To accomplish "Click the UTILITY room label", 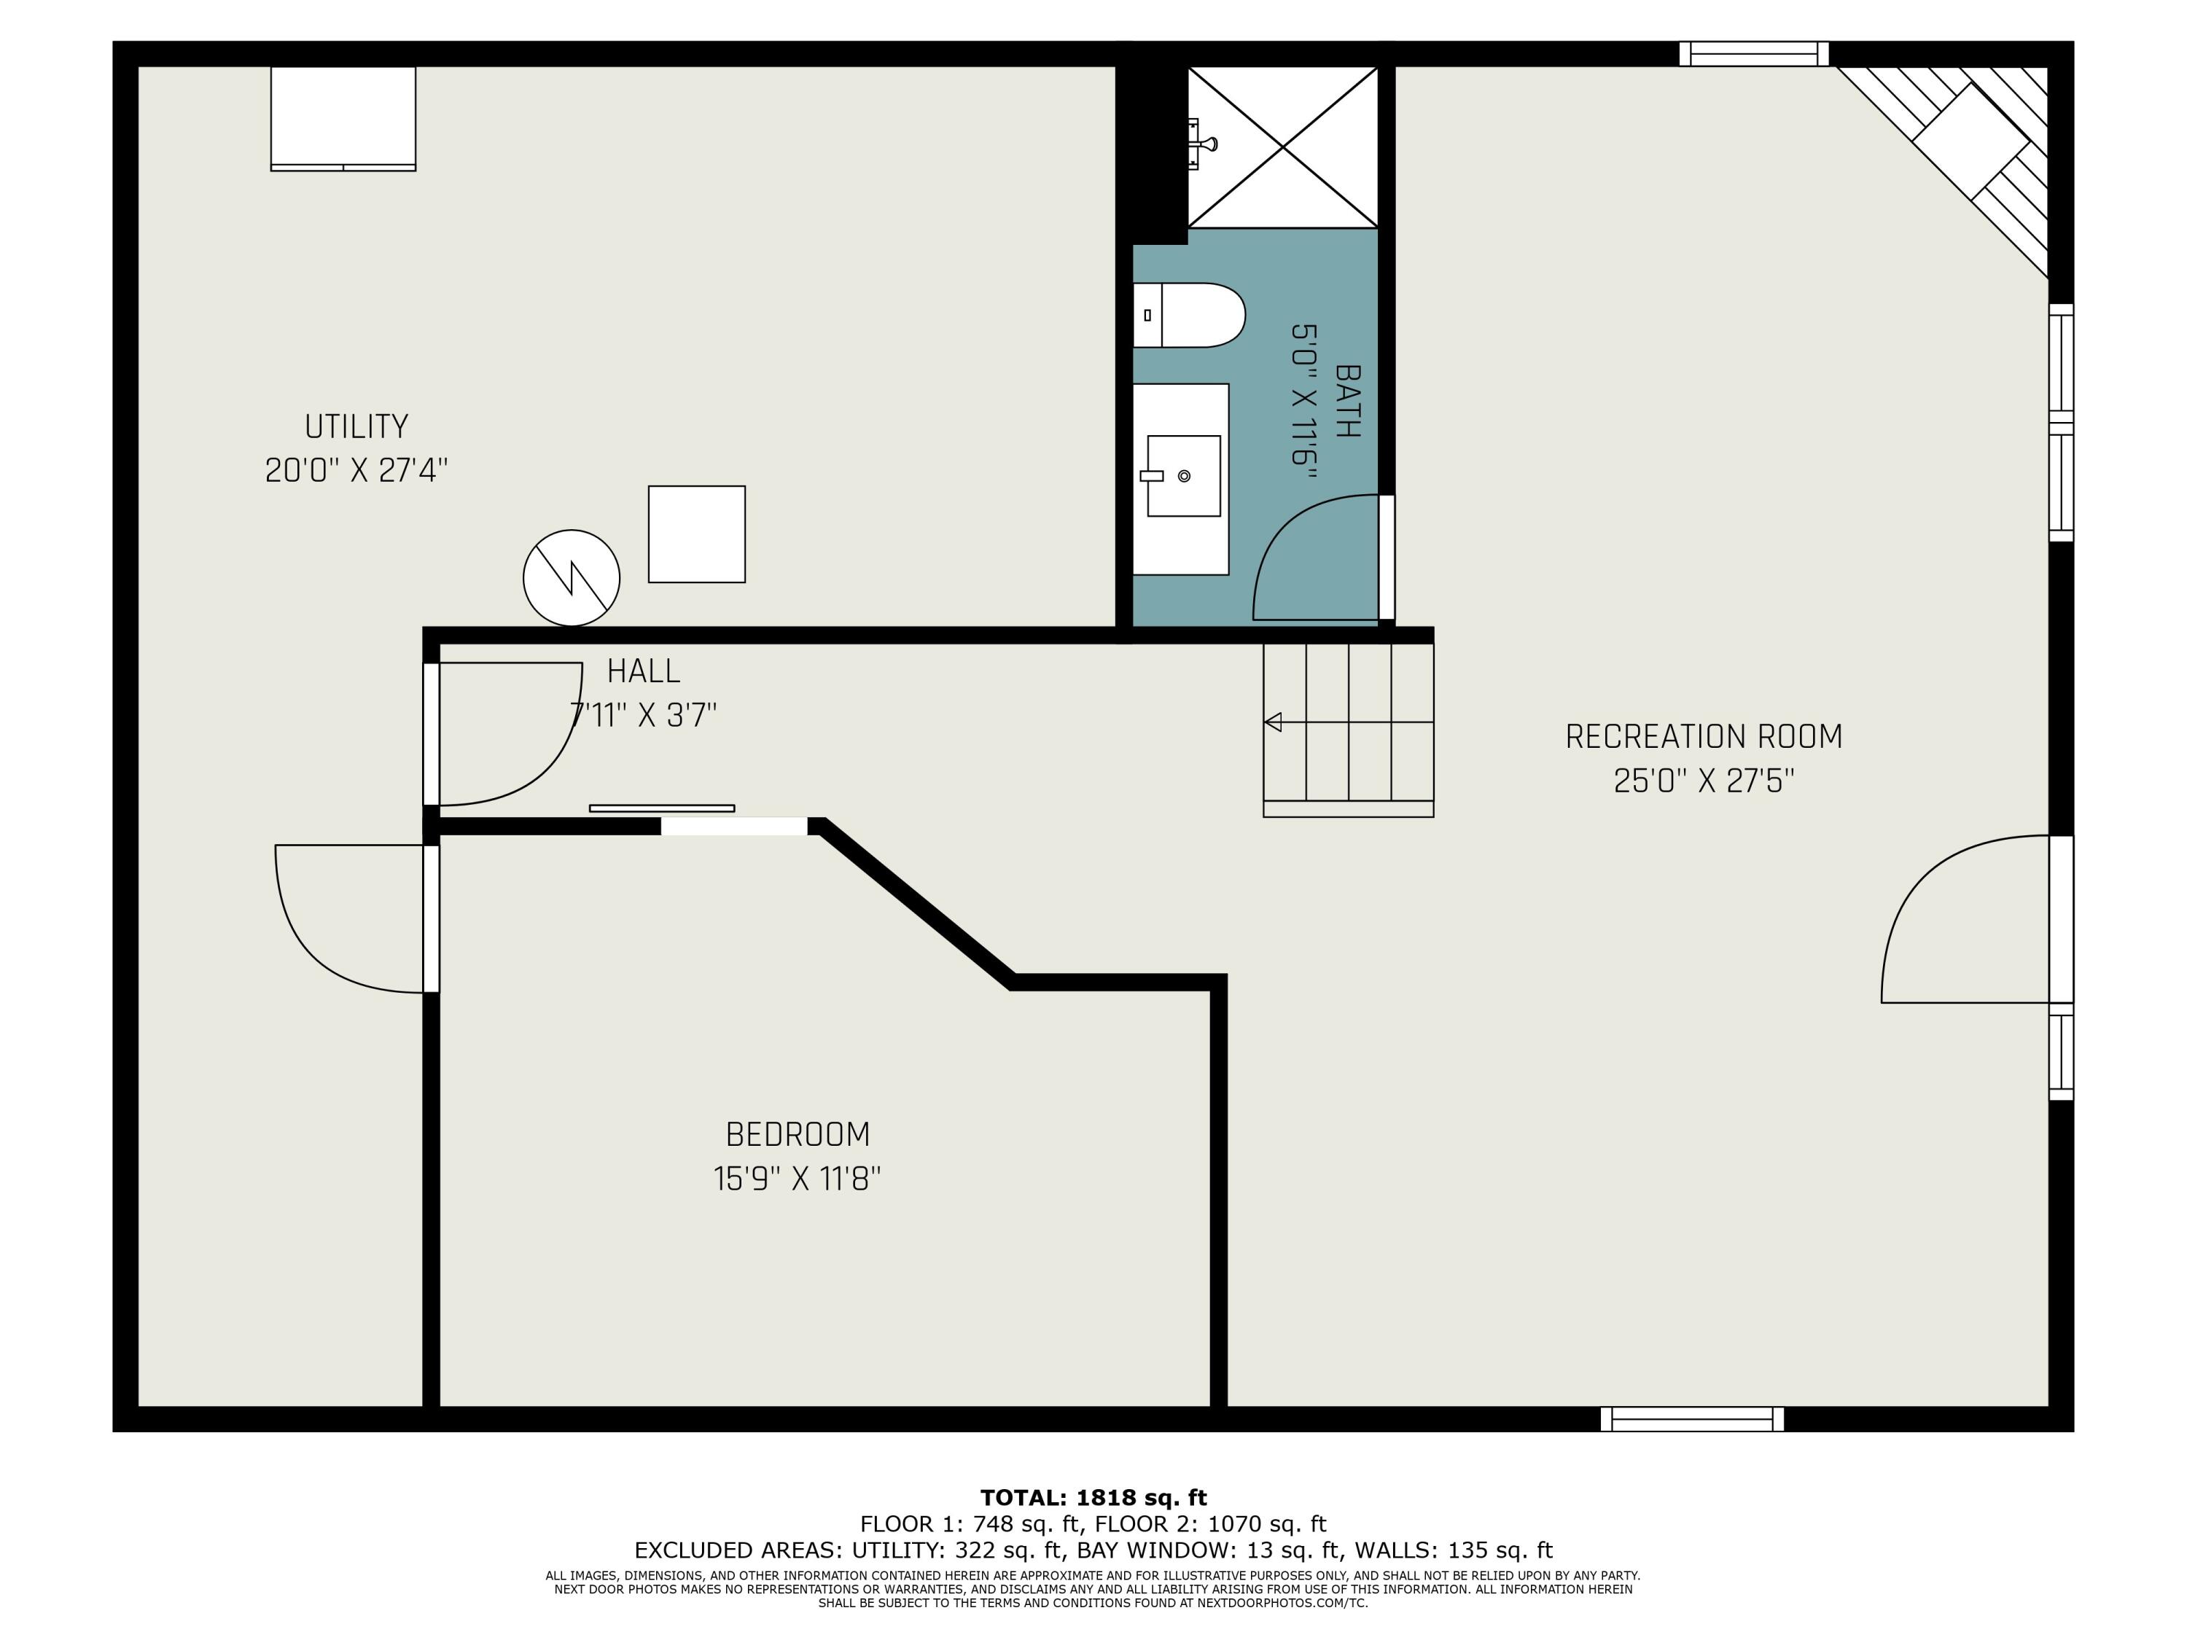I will (x=356, y=426).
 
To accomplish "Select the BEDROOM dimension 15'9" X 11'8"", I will (x=797, y=1179).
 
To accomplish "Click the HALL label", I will (x=643, y=671).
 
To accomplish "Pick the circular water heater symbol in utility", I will (x=572, y=577).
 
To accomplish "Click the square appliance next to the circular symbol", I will (x=696, y=534).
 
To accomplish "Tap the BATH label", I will (x=1346, y=400).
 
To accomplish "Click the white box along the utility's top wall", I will (x=343, y=117).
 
